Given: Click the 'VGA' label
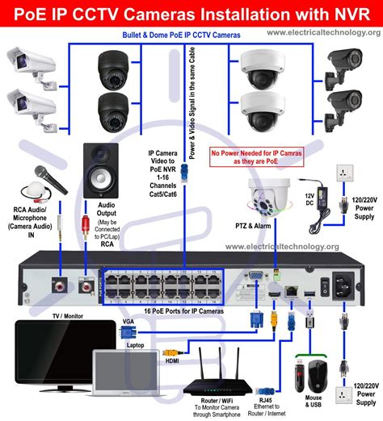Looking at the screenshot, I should pos(128,321).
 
